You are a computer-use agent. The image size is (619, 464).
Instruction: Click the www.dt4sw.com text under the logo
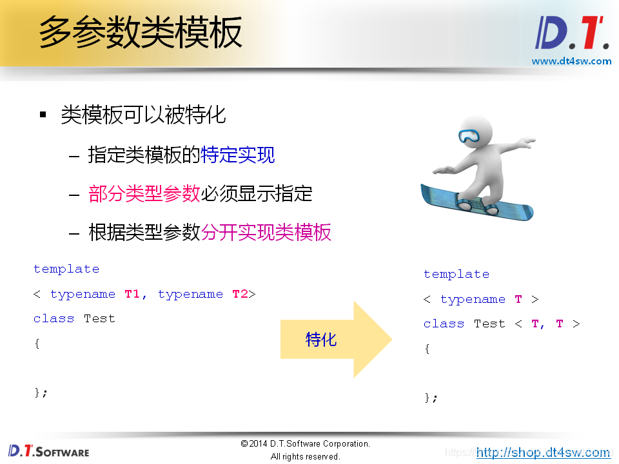pyautogui.click(x=571, y=61)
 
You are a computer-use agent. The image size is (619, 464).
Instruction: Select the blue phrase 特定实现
pyautogui.click(x=238, y=155)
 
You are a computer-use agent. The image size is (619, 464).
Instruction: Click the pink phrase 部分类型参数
pyautogui.click(x=144, y=193)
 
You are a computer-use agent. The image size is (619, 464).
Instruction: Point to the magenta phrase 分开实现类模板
pyautogui.click(x=266, y=232)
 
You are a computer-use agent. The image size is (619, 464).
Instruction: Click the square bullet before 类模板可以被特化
pyautogui.click(x=43, y=115)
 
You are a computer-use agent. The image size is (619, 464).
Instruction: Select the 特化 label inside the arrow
pyautogui.click(x=321, y=339)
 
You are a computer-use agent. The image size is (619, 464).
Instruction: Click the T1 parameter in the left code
pyautogui.click(x=132, y=294)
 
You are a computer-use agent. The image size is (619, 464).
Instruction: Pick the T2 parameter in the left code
pyautogui.click(x=240, y=294)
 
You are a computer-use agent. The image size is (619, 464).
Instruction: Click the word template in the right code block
pyautogui.click(x=457, y=275)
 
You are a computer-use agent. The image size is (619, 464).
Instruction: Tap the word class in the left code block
pyautogui.click(x=54, y=318)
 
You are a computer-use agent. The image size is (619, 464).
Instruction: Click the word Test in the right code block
pyautogui.click(x=489, y=324)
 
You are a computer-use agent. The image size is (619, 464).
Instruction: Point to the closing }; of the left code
pyautogui.click(x=41, y=392)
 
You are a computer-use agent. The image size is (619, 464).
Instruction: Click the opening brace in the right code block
pyautogui.click(x=427, y=349)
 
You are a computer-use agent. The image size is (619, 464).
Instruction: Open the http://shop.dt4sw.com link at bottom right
pyautogui.click(x=543, y=452)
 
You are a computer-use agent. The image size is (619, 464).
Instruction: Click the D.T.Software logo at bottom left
pyautogui.click(x=48, y=450)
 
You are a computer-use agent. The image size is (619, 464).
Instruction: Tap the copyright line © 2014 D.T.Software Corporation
pyautogui.click(x=306, y=443)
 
